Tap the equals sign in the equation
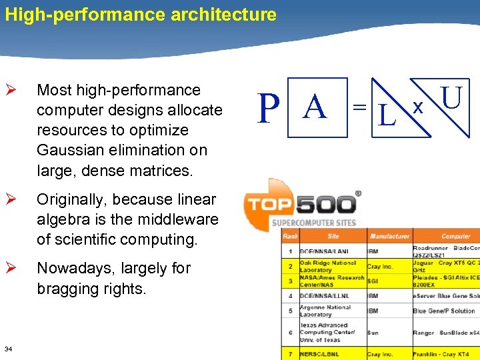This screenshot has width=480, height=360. coord(359,107)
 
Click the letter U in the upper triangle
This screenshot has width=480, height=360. coord(451,97)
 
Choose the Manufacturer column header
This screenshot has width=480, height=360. coord(389,236)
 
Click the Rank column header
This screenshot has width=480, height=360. coord(290,236)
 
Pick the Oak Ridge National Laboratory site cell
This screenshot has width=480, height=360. coord(331,267)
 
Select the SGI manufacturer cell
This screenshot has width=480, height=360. coord(374,281)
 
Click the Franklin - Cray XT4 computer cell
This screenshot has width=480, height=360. coord(441,355)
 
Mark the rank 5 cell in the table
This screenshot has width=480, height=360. coord(290,311)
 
